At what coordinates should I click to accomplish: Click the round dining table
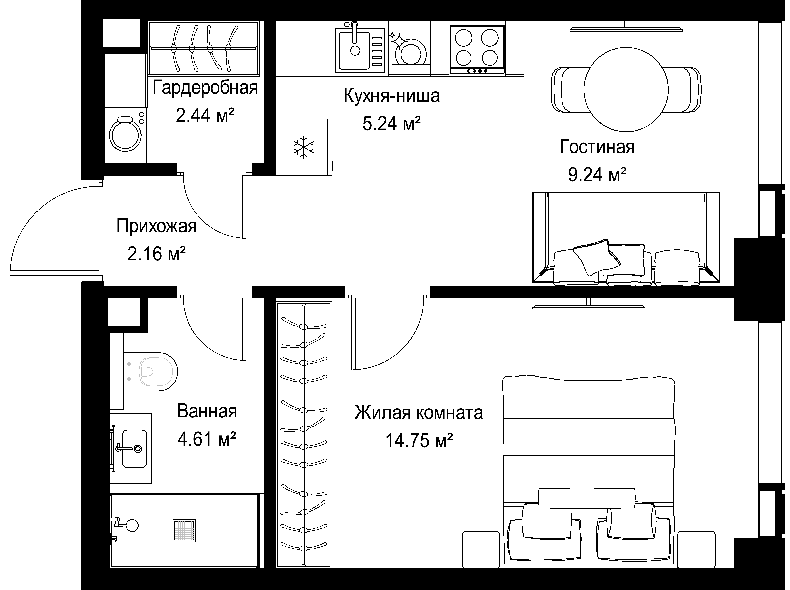point(626,89)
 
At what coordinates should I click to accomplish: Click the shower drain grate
point(184,530)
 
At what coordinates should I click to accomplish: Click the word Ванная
point(207,411)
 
